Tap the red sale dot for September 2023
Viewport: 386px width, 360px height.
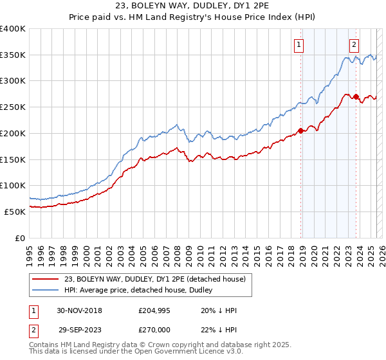pyautogui.click(x=356, y=96)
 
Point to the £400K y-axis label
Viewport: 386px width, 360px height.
pyautogui.click(x=13, y=29)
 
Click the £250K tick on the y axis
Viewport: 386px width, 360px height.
pyautogui.click(x=13, y=107)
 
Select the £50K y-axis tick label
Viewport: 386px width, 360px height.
pyautogui.click(x=15, y=212)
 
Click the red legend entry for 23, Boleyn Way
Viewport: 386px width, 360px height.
pyautogui.click(x=154, y=279)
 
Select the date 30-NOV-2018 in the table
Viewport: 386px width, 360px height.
pyautogui.click(x=79, y=310)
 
